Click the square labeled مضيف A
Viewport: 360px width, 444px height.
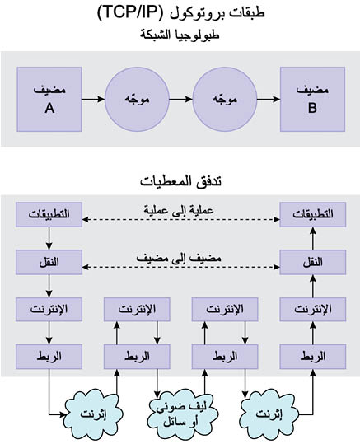tap(49, 100)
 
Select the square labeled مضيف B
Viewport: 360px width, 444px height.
tap(313, 100)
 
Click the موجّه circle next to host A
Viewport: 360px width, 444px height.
tap(137, 100)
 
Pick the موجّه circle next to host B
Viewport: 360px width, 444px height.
tap(225, 100)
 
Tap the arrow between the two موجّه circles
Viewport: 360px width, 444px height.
tap(181, 99)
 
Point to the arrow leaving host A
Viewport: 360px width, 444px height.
tap(93, 99)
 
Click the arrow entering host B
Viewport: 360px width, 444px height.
tap(269, 99)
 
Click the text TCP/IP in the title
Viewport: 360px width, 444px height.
tap(131, 13)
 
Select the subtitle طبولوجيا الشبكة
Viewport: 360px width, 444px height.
tap(180, 35)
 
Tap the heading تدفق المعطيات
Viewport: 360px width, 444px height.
tap(180, 180)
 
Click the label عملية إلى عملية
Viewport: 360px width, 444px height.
tap(179, 210)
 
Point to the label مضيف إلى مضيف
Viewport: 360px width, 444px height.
tap(179, 258)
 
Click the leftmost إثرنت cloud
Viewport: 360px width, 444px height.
tap(94, 414)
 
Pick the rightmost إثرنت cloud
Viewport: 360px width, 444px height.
tap(269, 414)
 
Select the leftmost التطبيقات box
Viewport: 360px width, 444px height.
tap(49, 214)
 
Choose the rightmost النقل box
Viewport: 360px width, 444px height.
tap(313, 262)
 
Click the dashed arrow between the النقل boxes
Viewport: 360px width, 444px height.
tap(181, 267)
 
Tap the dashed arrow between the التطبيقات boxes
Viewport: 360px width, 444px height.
tap(181, 219)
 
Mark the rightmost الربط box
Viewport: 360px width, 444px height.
tap(313, 357)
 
